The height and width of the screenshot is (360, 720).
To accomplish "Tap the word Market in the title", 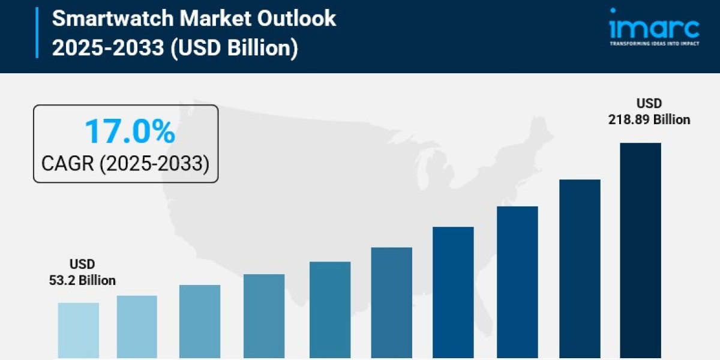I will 217,19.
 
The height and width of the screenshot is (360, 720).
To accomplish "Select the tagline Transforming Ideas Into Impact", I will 654,44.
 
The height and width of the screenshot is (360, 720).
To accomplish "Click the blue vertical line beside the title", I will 37,33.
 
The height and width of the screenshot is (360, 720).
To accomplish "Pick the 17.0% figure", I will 130,131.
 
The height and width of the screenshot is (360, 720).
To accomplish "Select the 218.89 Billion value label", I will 649,120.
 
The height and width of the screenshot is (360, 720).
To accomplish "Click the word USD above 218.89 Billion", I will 649,103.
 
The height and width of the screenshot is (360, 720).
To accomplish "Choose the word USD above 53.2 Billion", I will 82,264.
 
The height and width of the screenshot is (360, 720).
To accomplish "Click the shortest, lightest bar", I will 79,330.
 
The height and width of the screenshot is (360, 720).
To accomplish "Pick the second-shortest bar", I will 137,326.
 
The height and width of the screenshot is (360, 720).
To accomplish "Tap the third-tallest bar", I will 517,282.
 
